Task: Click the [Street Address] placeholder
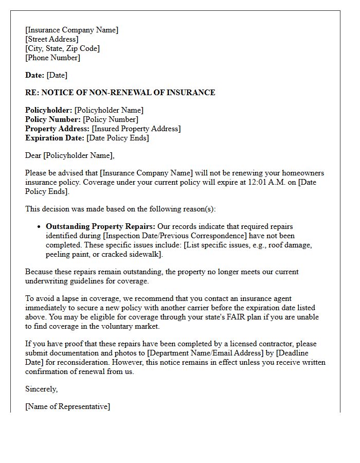52,39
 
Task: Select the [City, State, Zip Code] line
62,48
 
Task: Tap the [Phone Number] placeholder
52,58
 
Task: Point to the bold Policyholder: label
49,110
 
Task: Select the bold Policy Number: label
53,119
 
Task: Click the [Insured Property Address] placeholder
136,129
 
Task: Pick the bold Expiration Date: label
55,138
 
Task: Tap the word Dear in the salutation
33,155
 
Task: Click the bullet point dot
39,227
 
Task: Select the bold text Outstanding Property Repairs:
101,226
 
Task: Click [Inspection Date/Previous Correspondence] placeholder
172,236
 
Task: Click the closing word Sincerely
41,389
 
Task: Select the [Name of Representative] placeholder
67,406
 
